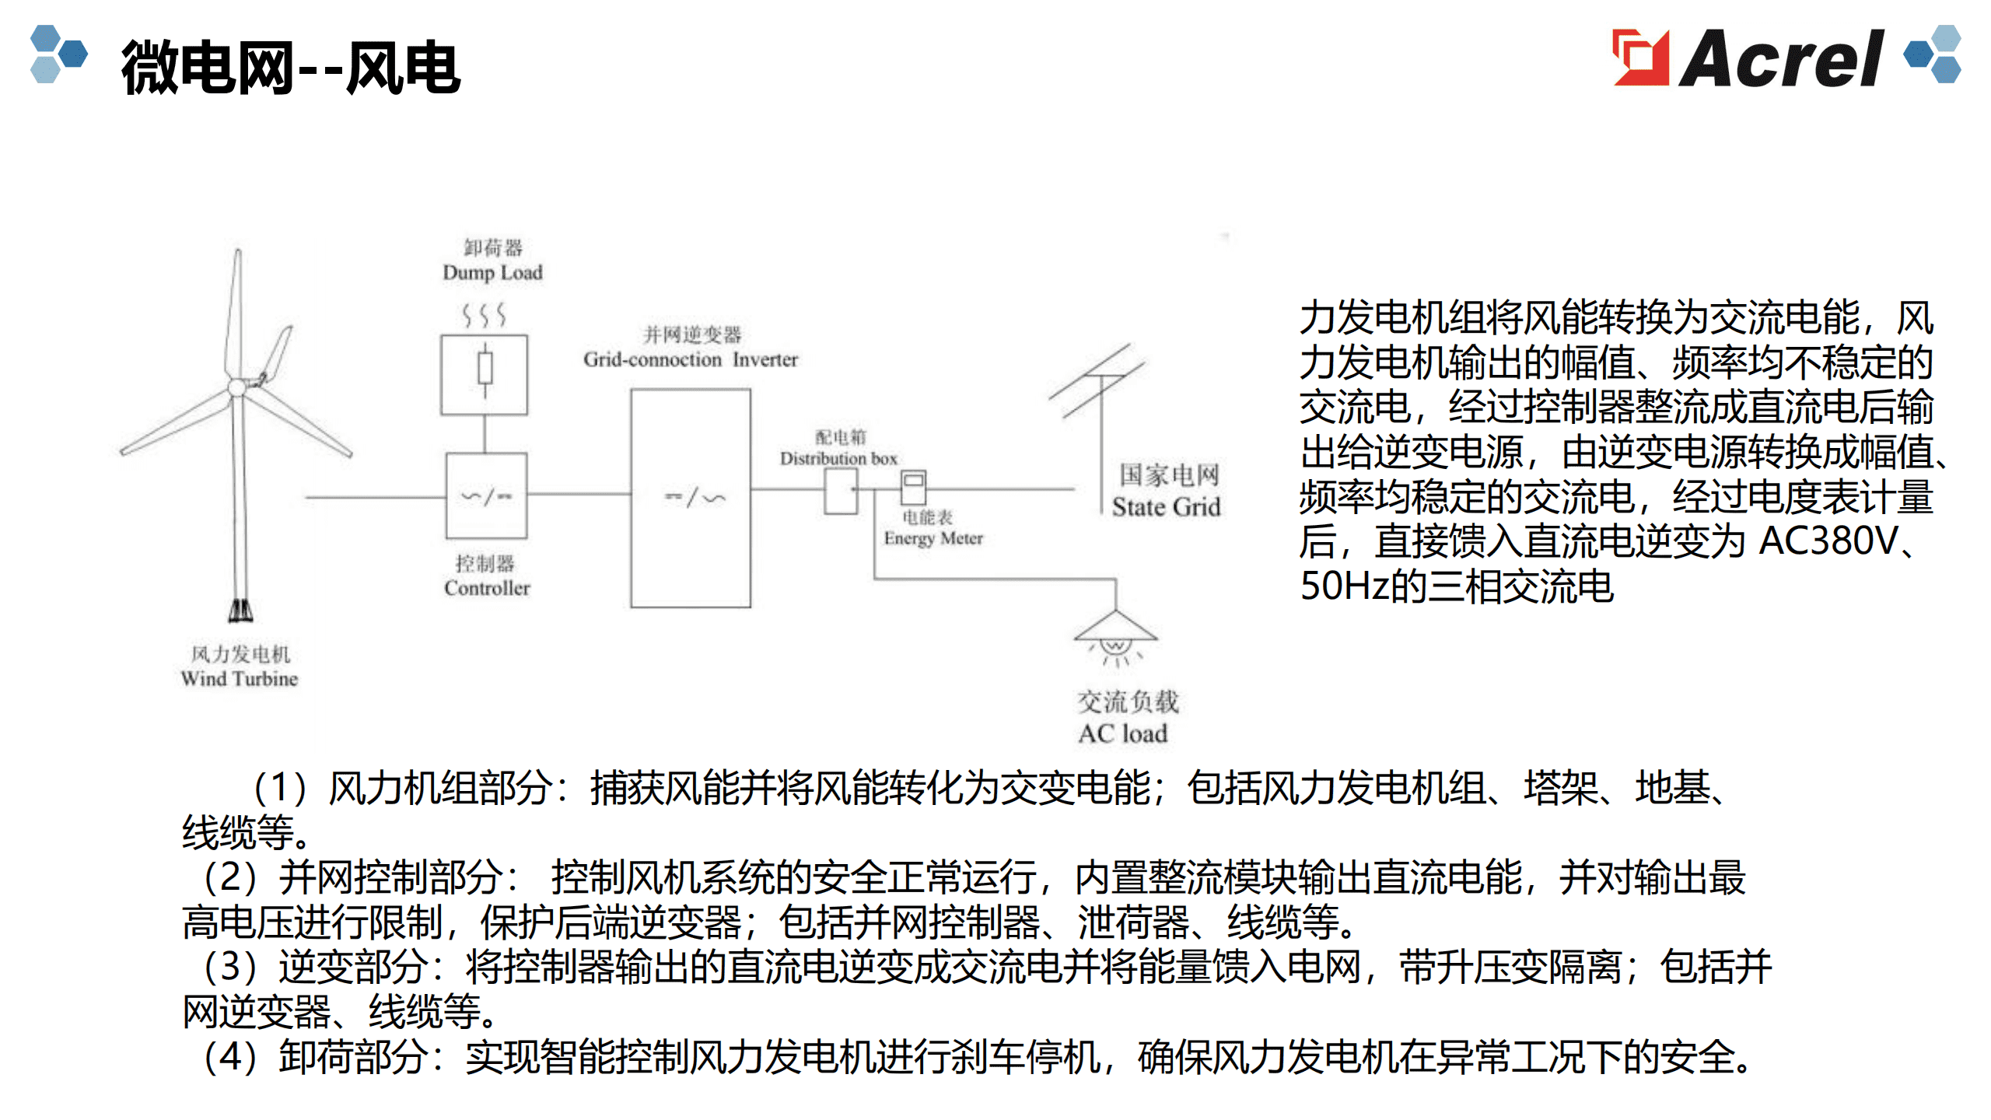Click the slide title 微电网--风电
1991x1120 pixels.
pos(291,68)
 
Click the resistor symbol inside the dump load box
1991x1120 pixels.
pos(485,371)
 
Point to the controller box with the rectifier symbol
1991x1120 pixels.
pos(486,495)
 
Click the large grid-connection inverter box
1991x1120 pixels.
pos(691,498)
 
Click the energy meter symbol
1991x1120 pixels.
pos(913,488)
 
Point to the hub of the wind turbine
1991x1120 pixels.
pos(237,387)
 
